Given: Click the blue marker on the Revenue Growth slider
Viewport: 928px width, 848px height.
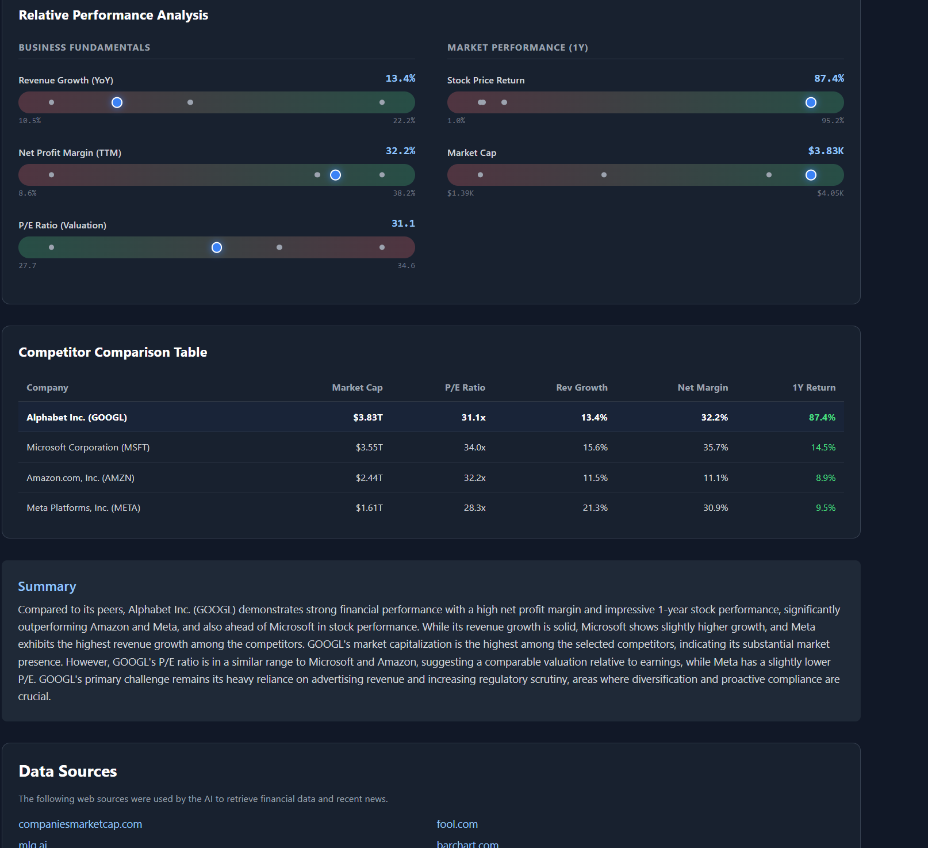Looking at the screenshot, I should pyautogui.click(x=117, y=102).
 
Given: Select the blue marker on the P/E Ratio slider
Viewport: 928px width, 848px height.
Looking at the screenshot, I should pyautogui.click(x=217, y=247).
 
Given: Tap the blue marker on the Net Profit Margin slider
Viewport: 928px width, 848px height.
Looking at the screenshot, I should pyautogui.click(x=336, y=175).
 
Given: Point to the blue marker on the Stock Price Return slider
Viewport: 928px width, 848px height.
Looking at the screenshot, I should pyautogui.click(x=811, y=102).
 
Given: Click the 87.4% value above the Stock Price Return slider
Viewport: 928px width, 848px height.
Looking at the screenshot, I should pyautogui.click(x=829, y=78).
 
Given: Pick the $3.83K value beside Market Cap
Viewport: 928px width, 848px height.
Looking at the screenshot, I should pyautogui.click(x=826, y=151).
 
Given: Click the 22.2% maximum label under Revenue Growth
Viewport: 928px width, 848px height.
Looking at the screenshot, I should pyautogui.click(x=404, y=121).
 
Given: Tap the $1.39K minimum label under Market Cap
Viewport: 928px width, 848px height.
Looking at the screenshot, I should pyautogui.click(x=461, y=193).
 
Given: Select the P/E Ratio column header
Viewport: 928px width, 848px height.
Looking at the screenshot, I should pyautogui.click(x=465, y=388).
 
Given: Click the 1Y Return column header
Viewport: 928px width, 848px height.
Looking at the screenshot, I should pyautogui.click(x=814, y=388).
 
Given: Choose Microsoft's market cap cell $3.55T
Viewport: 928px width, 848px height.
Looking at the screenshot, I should pyautogui.click(x=369, y=448).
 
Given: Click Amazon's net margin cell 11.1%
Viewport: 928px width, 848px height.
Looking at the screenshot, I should pyautogui.click(x=715, y=478).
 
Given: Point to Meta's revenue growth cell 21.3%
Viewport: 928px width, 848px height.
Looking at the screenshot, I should pyautogui.click(x=595, y=508).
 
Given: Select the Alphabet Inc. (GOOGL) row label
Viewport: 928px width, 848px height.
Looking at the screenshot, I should pyautogui.click(x=76, y=418).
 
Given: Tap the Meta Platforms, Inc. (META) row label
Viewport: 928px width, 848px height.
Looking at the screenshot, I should pyautogui.click(x=83, y=508).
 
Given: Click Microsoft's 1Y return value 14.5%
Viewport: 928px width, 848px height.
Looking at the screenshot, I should pyautogui.click(x=823, y=448).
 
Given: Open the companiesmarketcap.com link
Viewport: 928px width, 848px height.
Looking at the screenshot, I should pyautogui.click(x=80, y=824).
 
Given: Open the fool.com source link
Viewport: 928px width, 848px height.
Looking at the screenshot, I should pyautogui.click(x=457, y=824).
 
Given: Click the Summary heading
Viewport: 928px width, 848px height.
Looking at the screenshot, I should pyautogui.click(x=47, y=587).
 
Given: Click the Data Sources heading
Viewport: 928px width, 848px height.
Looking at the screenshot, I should pyautogui.click(x=68, y=771).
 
